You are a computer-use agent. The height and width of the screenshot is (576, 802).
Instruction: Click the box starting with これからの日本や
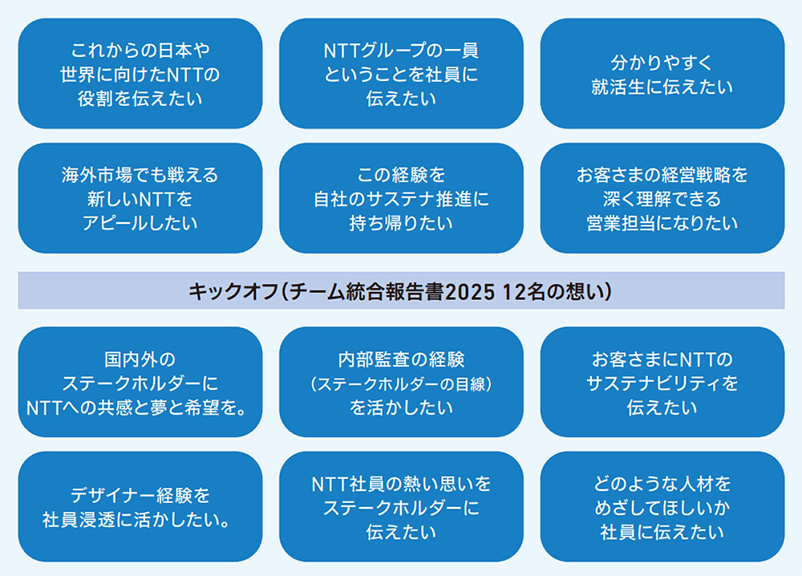(x=140, y=75)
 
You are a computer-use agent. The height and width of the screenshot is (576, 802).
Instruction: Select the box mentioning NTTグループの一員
(x=401, y=75)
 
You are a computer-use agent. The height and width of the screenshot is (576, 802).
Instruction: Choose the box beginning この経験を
(x=401, y=198)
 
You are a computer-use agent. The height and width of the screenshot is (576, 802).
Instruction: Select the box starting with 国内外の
(x=140, y=383)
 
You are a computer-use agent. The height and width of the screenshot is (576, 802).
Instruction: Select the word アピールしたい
(x=140, y=223)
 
